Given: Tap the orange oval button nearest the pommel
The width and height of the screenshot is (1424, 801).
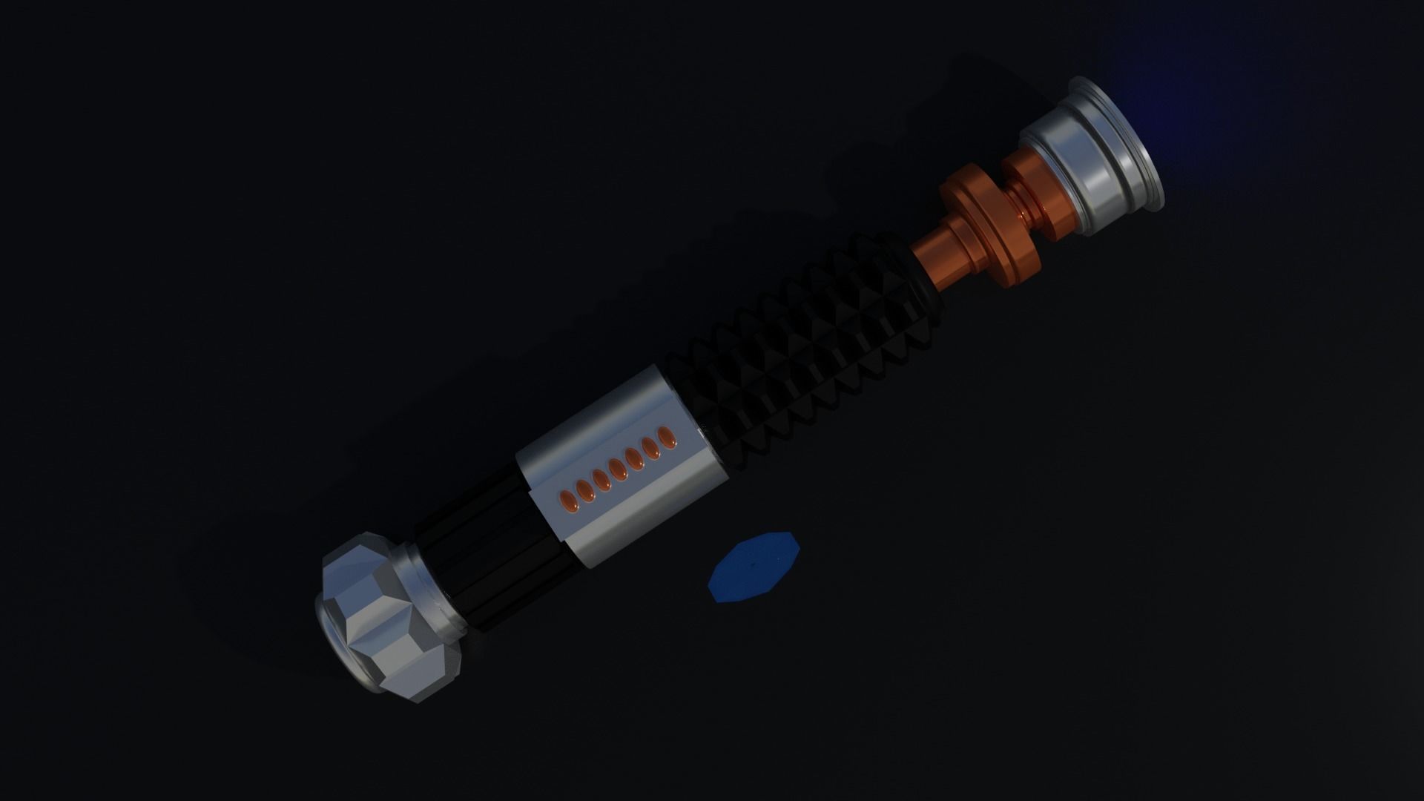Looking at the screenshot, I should pyautogui.click(x=566, y=495).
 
